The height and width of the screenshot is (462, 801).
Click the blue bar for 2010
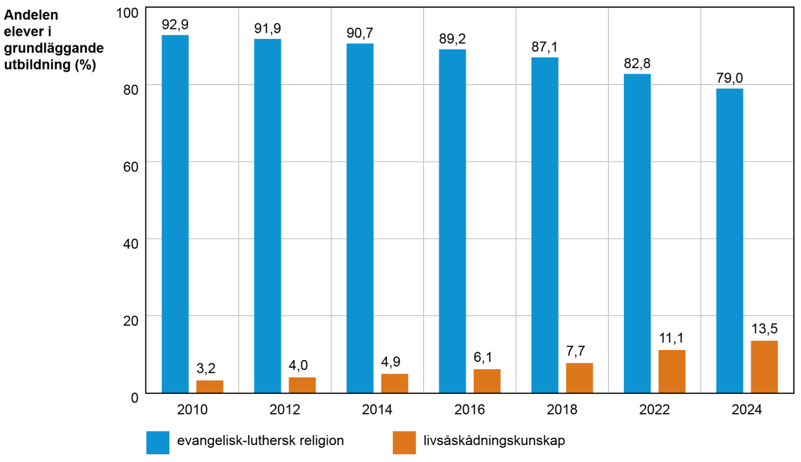point(175,213)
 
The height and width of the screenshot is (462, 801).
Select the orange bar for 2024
point(764,366)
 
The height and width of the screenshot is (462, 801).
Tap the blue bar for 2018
point(544,225)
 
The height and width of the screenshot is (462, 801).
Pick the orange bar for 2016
point(487,381)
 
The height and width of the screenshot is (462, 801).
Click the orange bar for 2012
point(302,385)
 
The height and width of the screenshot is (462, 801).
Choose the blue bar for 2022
point(637,233)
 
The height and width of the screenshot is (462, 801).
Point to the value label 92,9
point(175,25)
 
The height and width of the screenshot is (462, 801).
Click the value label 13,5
point(764,330)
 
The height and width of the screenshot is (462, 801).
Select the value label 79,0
point(729,78)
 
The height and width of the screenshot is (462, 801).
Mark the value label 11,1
point(672,339)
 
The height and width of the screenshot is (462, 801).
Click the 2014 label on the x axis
point(377,410)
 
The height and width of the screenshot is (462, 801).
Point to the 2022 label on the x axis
point(654,410)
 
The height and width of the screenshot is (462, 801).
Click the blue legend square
point(158,442)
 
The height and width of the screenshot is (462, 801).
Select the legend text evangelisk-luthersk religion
point(260,441)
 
